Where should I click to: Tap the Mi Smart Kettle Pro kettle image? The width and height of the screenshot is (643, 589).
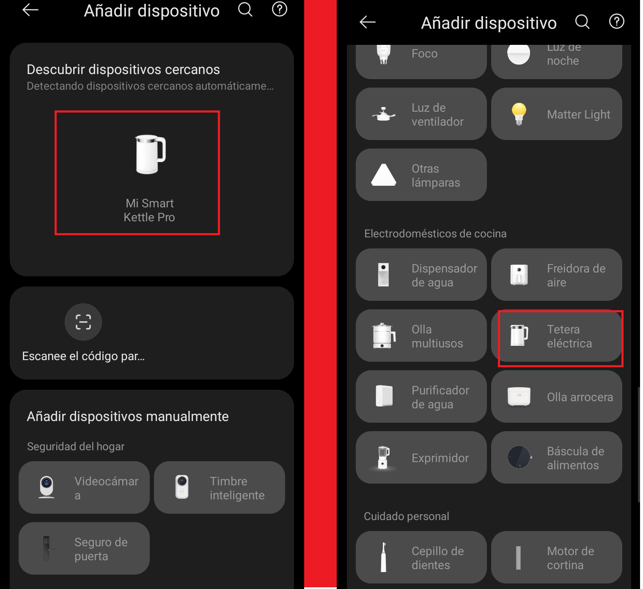coord(150,154)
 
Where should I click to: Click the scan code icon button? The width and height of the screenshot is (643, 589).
coord(83,322)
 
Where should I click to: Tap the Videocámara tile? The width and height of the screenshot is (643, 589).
coord(84,487)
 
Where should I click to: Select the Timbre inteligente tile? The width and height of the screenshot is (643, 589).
coord(220,487)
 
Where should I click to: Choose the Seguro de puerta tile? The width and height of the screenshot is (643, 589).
coord(84,548)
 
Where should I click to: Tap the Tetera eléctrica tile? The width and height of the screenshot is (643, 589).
coord(557,336)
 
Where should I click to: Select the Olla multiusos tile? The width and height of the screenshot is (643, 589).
coord(421,336)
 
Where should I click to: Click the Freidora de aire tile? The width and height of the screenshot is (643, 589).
coord(557,275)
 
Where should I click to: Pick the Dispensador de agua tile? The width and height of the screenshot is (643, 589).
coord(421,275)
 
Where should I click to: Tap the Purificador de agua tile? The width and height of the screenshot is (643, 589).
coord(421,396)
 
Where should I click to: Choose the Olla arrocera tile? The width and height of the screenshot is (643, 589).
coord(557,396)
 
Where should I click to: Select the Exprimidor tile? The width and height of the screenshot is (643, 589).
coord(421,457)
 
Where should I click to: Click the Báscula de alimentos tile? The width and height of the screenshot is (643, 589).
coord(557,457)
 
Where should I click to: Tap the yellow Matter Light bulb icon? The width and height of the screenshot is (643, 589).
coord(519,114)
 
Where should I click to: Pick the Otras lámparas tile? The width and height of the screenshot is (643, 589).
coord(421,175)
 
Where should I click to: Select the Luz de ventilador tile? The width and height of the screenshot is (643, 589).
coord(421,114)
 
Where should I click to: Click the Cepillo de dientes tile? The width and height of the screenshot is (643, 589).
coord(421,557)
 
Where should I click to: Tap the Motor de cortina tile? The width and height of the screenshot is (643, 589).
coord(557,557)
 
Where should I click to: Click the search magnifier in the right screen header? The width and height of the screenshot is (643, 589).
coord(583,22)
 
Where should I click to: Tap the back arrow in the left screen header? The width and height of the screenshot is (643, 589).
coord(30,10)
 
